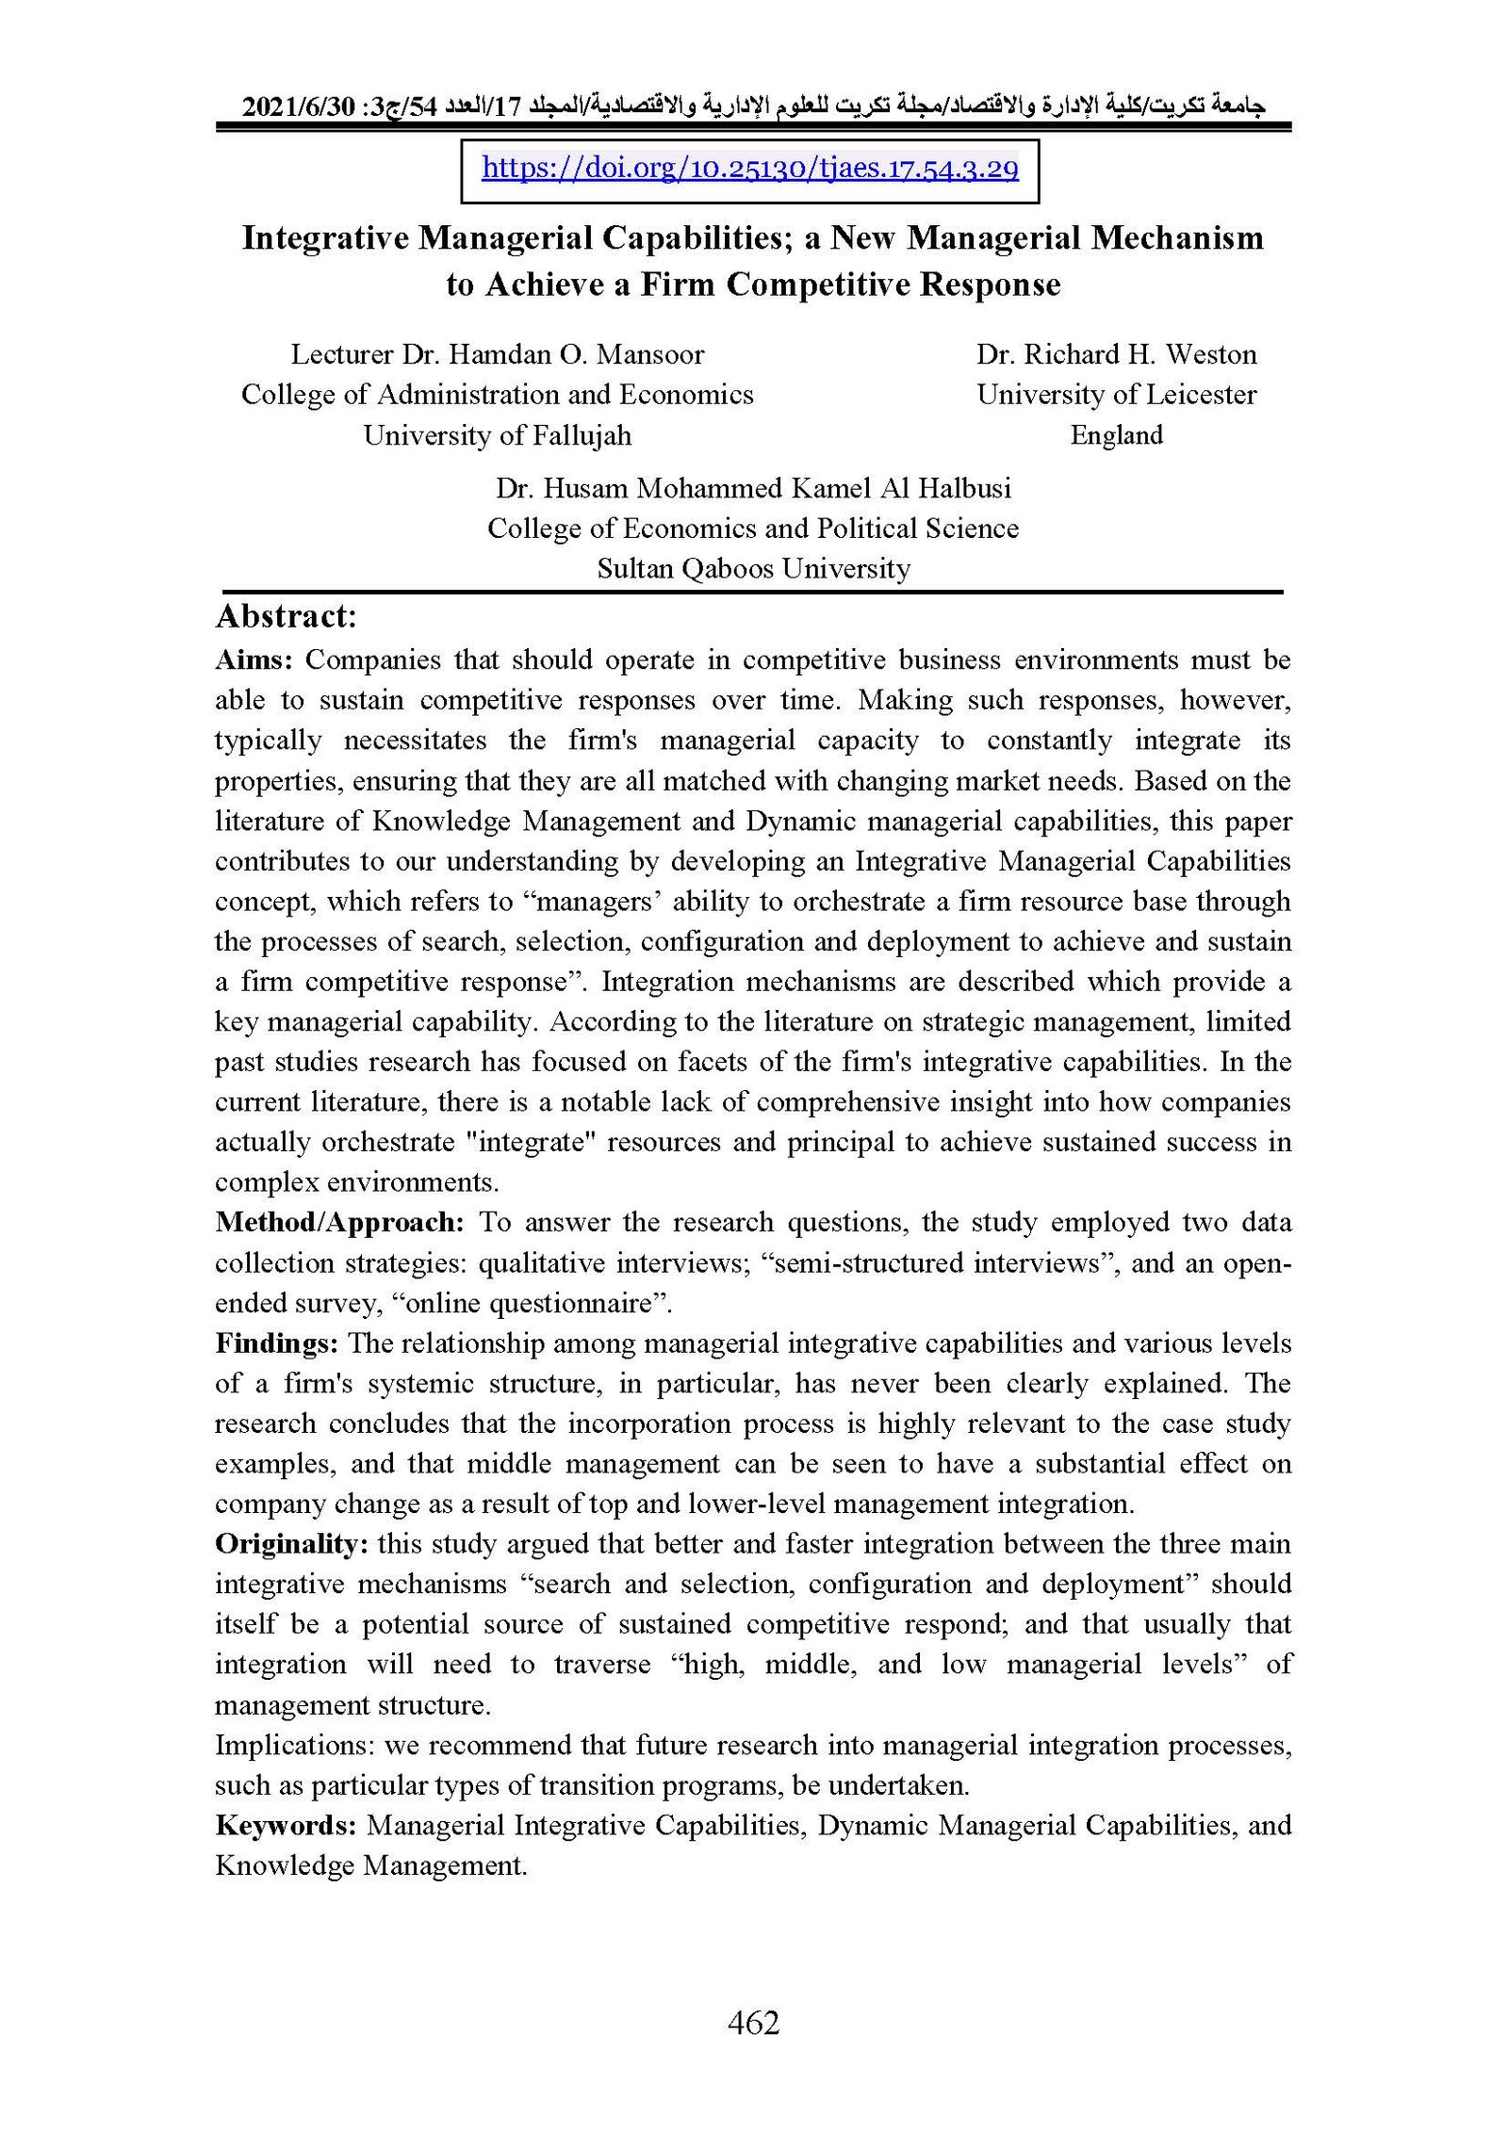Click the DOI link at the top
click(749, 169)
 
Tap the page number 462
click(753, 2022)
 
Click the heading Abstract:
click(287, 616)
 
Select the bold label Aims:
click(254, 659)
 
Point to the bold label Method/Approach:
click(339, 1222)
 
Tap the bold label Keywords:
click(286, 1825)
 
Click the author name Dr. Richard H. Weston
click(1116, 354)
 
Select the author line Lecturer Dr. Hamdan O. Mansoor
click(497, 354)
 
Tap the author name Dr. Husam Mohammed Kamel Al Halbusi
click(753, 488)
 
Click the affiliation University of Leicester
click(1116, 395)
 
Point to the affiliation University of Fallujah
click(497, 435)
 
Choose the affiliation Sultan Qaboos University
click(753, 569)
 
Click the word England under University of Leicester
click(1116, 435)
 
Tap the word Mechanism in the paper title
click(1177, 238)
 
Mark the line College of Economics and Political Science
click(753, 529)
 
